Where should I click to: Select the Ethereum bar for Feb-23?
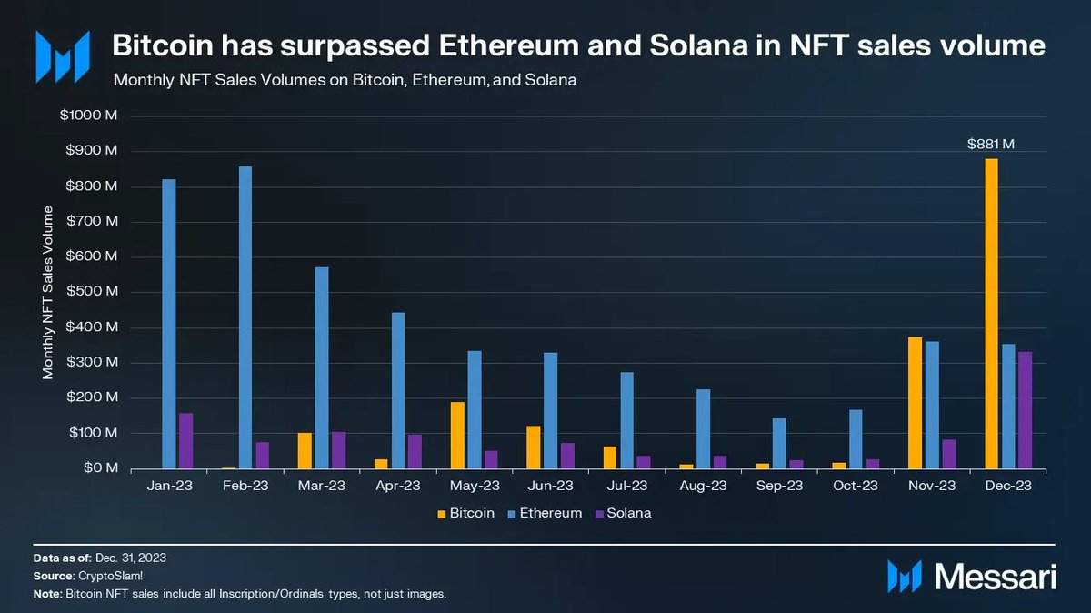245,317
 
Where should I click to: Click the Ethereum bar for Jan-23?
169,324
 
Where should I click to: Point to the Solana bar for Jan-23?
186,441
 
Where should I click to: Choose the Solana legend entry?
624,513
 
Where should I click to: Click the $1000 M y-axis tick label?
89,116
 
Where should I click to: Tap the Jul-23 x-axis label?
627,487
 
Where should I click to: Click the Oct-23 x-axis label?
856,487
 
